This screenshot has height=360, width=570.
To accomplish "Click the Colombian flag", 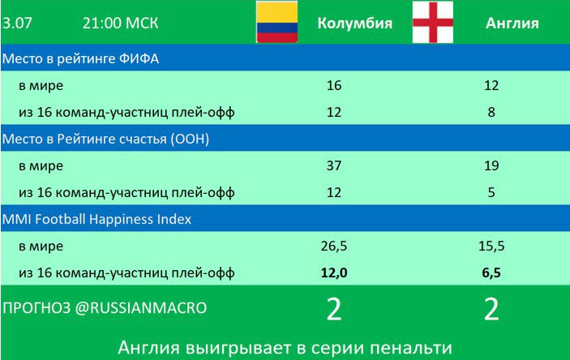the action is coord(277,22).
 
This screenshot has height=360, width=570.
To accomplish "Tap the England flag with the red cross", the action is coord(433,22).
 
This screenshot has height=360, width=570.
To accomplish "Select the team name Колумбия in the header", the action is coord(355,24).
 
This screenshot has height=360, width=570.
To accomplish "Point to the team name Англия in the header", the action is coord(512,24).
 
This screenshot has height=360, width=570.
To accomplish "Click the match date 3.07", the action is coord(17,24).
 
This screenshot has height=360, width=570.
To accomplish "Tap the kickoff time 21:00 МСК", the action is coord(120,24).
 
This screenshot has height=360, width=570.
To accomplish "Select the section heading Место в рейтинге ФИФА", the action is coord(80,58).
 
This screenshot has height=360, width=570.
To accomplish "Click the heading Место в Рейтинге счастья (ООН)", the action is coord(105,139).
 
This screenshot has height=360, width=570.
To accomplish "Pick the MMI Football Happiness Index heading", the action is coord(96,219).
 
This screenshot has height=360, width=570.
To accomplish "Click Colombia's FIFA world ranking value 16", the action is coord(334,85).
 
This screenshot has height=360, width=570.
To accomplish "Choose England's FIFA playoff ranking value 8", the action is coord(491,112).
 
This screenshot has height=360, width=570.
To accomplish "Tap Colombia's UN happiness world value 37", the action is coord(334,166).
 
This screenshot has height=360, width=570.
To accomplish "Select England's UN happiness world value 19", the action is coord(491,166).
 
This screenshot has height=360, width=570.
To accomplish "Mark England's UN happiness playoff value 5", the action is coord(491,192).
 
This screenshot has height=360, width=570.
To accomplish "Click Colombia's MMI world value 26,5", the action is coord(334,246).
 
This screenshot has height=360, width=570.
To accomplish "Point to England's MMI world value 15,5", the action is coord(491,246).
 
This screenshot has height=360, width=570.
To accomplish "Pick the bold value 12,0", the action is coord(334,272).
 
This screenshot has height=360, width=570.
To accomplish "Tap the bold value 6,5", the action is coord(491,272).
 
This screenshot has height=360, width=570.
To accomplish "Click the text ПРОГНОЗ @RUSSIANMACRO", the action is coord(105,308).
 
